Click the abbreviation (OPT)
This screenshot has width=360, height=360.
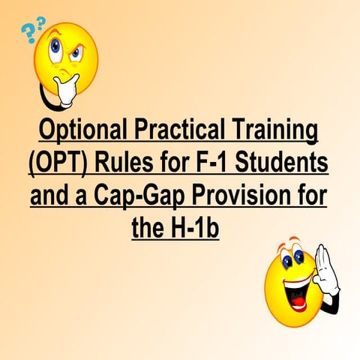[x=65, y=164]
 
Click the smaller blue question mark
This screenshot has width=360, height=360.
[x=41, y=22]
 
